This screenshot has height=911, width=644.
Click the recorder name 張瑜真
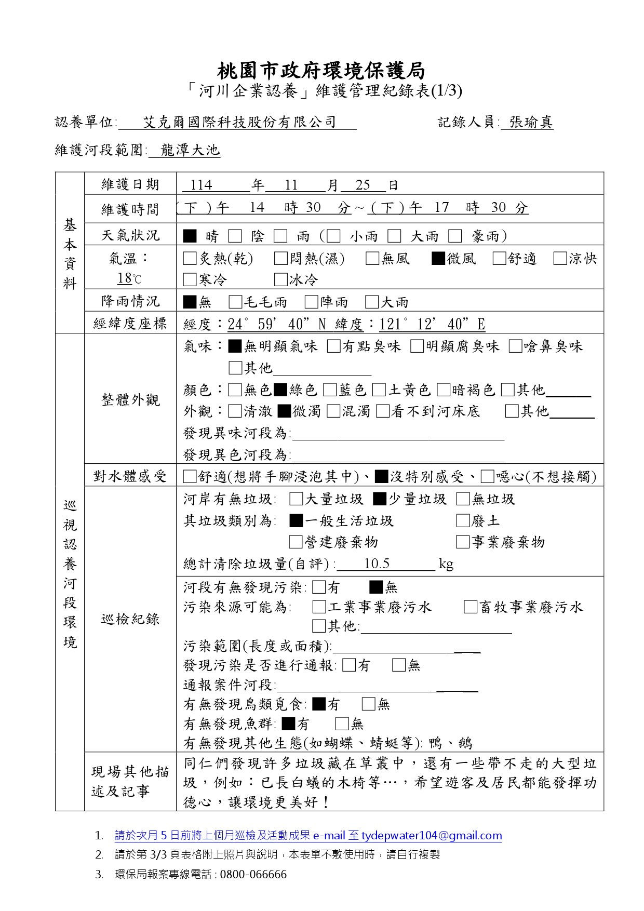531,123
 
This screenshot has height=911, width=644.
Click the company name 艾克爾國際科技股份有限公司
239,123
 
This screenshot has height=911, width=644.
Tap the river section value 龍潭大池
190,151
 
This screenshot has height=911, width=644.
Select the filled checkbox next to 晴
190,236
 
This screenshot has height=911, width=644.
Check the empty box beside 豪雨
455,236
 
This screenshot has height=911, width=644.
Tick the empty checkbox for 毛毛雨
236,302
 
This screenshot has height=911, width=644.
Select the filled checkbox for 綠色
280,390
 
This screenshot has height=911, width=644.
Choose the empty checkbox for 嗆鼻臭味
516,346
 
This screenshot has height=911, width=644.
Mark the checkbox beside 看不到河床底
383,411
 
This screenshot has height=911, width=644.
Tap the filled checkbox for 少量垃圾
380,499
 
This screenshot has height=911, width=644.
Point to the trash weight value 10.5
377,564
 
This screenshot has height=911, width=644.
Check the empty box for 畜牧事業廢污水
471,607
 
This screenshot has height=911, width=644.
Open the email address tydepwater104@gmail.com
432,836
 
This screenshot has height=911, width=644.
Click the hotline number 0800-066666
253,875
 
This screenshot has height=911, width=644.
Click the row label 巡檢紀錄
130,619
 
